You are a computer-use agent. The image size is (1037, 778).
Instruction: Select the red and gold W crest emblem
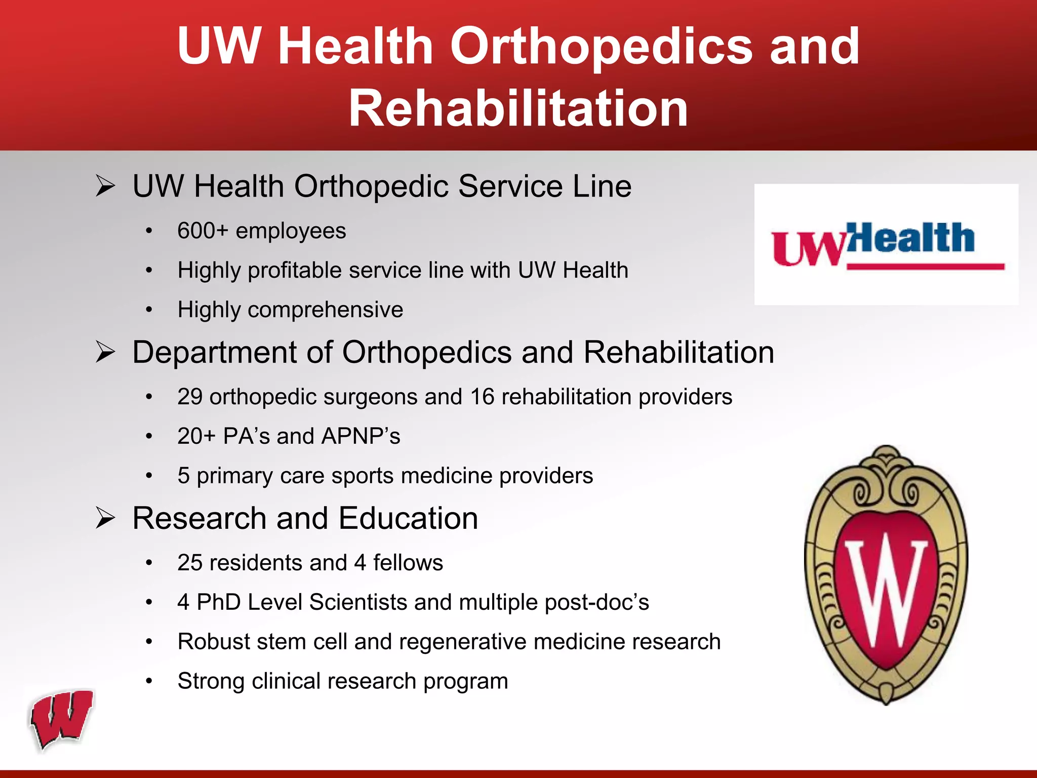886,575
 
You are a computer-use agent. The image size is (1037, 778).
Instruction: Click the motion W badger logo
62,719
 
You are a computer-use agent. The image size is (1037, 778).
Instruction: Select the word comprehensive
326,309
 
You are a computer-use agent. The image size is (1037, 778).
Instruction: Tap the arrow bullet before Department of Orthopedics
105,353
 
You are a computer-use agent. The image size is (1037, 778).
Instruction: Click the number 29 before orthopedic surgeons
190,397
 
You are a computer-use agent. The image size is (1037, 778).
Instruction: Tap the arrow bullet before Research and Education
105,519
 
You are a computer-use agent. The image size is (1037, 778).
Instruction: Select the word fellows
408,563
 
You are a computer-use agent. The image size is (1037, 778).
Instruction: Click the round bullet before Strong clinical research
149,681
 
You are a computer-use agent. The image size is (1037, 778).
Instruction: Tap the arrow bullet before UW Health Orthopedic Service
105,186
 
